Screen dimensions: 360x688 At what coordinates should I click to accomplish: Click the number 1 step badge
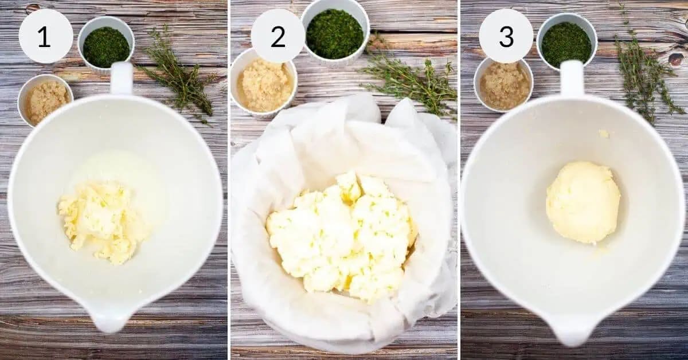coord(45,36)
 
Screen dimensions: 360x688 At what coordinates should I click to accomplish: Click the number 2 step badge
coord(278,36)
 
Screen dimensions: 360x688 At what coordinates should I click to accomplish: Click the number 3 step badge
coord(506,36)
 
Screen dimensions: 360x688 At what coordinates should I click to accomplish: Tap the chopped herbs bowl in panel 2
coord(335,33)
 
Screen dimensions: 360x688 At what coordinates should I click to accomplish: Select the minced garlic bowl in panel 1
coord(45,100)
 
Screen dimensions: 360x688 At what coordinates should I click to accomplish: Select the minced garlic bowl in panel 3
coord(504,85)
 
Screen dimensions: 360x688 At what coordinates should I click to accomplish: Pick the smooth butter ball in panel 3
coord(583,202)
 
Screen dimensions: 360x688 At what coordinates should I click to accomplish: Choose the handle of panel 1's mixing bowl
coord(122,78)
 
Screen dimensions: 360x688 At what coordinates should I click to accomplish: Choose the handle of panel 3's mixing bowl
coord(572,77)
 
